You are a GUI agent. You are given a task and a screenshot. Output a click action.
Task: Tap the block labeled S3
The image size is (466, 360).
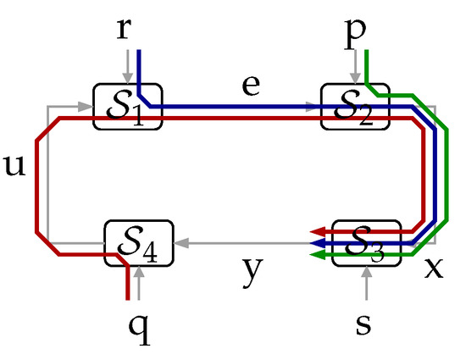pyautogui.click(x=366, y=242)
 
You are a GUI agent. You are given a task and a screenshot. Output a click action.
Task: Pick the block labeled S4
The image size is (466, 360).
pyautogui.click(x=138, y=243)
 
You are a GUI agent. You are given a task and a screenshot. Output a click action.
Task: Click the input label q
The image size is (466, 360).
pyautogui.click(x=139, y=326)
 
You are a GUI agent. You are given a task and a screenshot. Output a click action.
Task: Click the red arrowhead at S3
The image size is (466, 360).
pyautogui.click(x=317, y=230)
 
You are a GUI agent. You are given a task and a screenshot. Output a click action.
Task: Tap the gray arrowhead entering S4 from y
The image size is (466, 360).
pyautogui.click(x=178, y=243)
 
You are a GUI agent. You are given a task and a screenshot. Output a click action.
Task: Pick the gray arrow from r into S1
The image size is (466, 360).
pyautogui.click(x=126, y=68)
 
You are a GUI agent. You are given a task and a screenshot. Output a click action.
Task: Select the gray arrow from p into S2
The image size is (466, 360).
pyautogui.click(x=353, y=68)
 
